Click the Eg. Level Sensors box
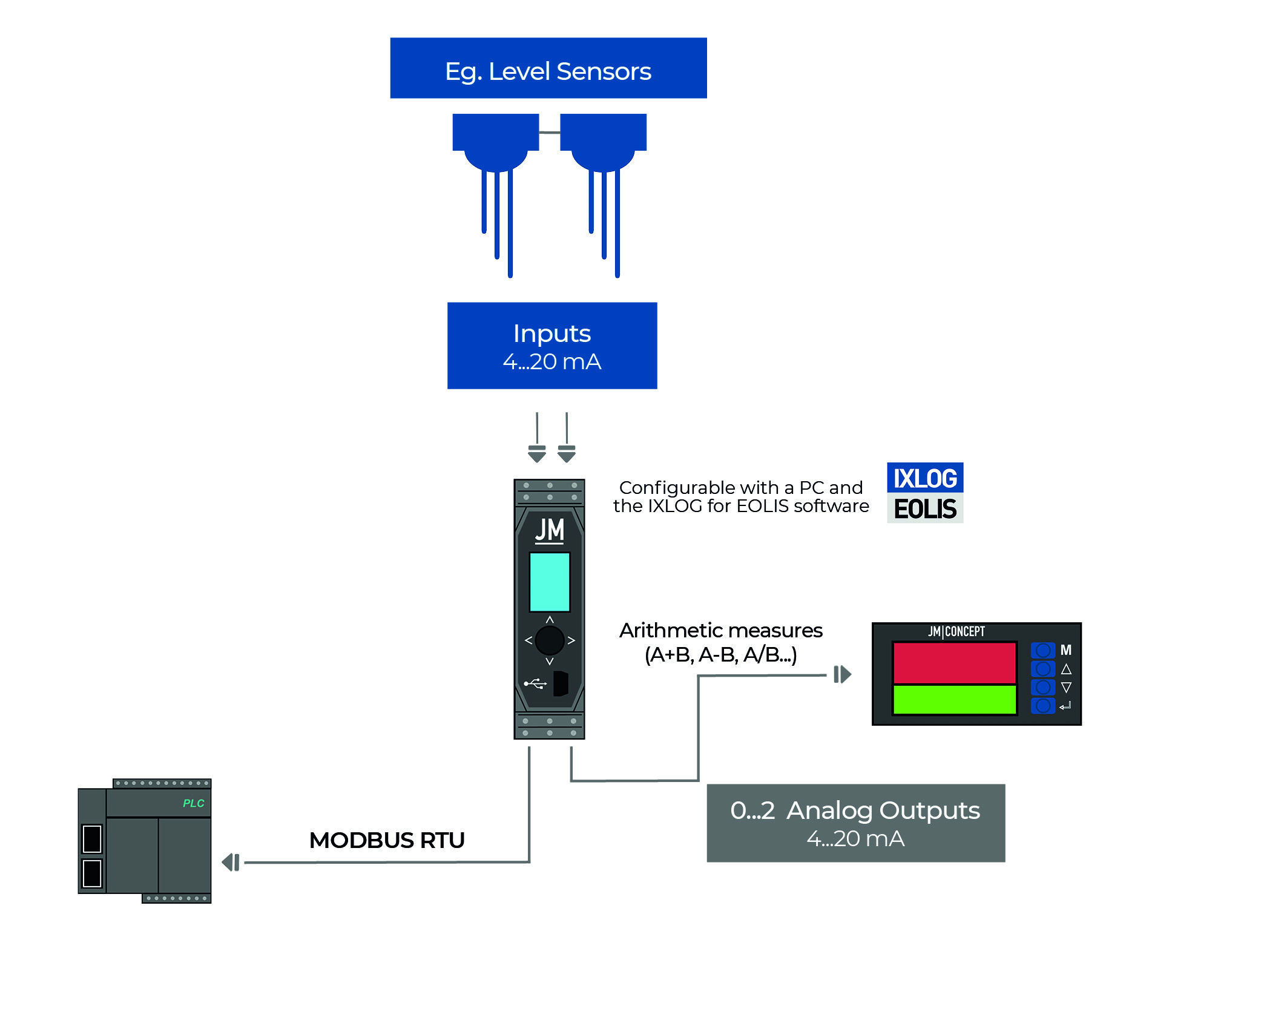click(x=548, y=68)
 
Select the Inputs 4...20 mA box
click(x=551, y=346)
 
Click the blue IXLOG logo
click(x=924, y=478)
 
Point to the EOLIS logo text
click(x=924, y=509)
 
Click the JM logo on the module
click(x=549, y=530)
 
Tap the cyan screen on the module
click(x=549, y=582)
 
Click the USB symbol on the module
click(x=535, y=684)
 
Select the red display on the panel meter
click(x=954, y=663)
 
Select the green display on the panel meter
click(x=954, y=700)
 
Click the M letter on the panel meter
click(x=1065, y=650)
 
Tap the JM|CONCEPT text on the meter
click(x=956, y=631)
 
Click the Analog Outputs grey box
click(x=855, y=823)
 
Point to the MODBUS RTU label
click(x=387, y=840)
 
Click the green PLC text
click(x=193, y=803)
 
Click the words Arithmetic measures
click(x=720, y=631)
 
